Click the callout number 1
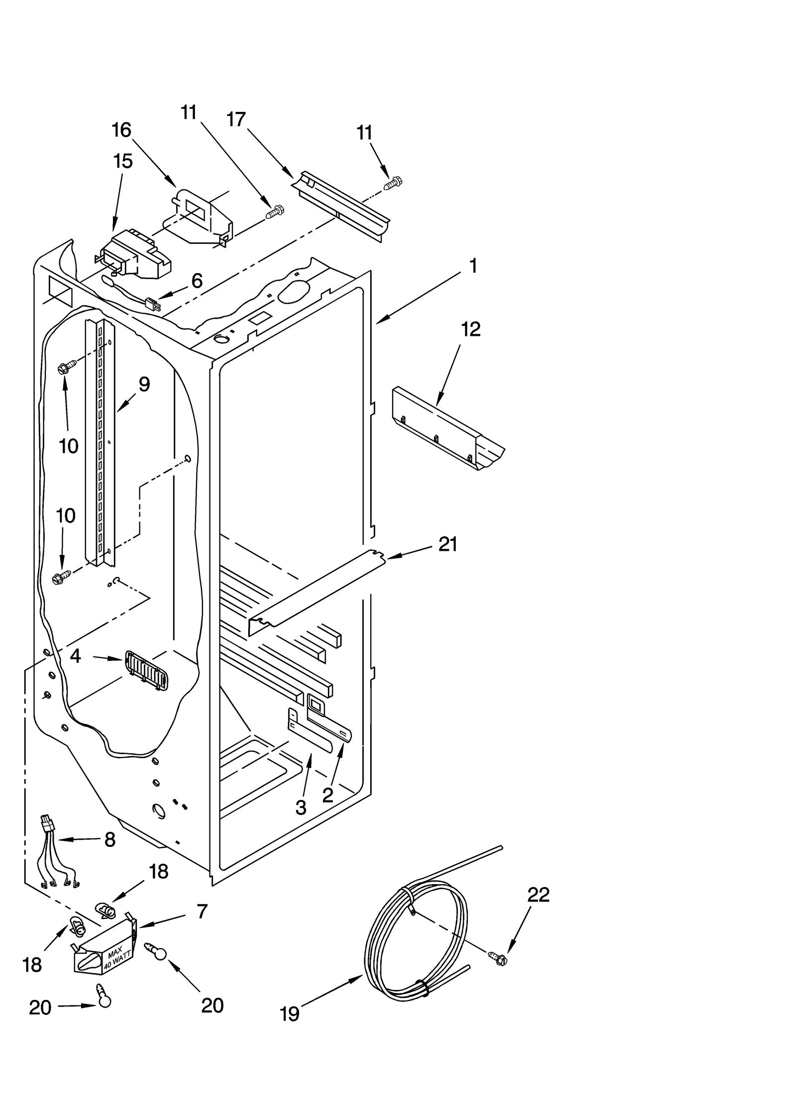coord(473,266)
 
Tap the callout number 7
coord(201,911)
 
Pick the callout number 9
coord(144,384)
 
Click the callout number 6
coord(197,281)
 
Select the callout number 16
coord(121,130)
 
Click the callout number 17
coord(236,119)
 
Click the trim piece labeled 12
coord(448,428)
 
